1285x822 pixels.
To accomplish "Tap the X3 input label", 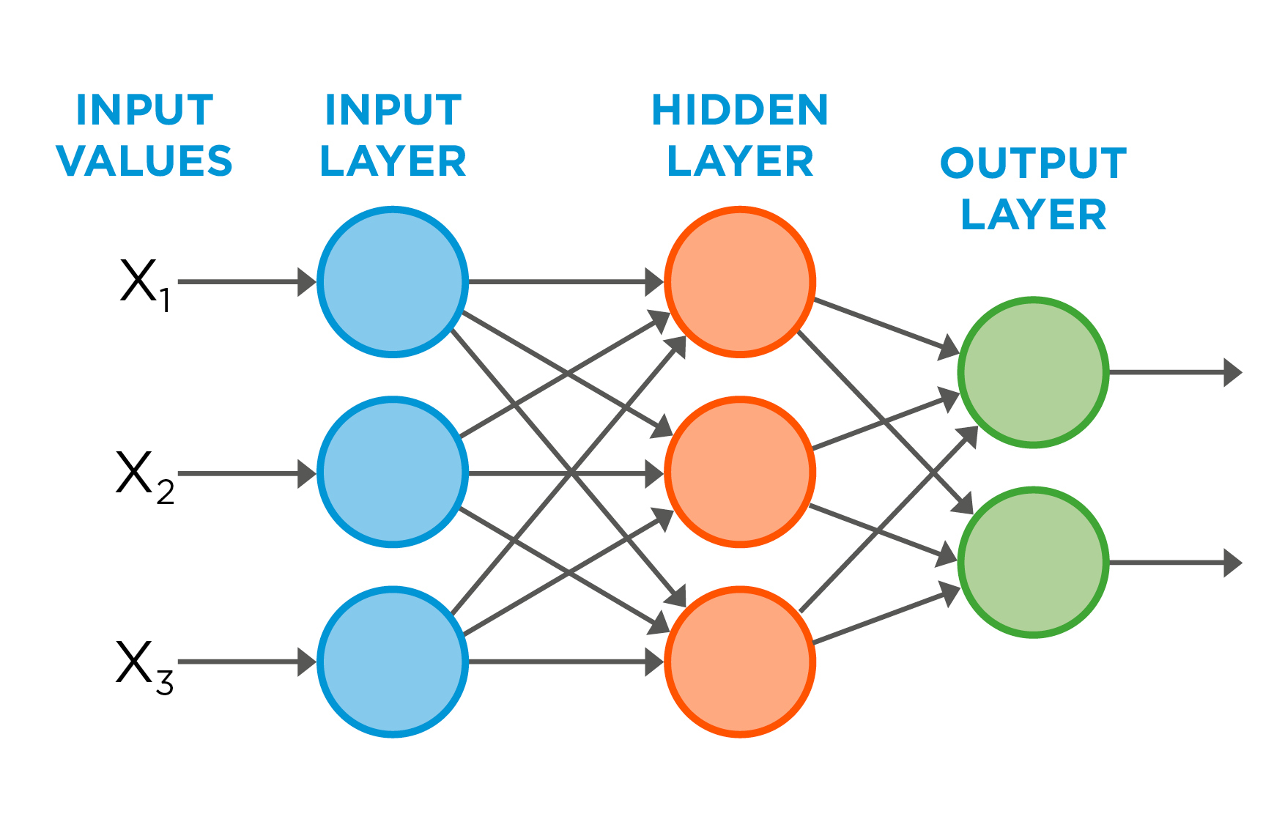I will tap(144, 664).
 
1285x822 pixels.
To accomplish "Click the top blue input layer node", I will tap(393, 282).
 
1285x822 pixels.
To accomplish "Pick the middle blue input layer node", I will tap(393, 473).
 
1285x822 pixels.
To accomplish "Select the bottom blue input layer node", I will tap(393, 662).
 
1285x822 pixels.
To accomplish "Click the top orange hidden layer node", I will tap(740, 282).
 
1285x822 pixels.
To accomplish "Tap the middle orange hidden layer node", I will tap(740, 473).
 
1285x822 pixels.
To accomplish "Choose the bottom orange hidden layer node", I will tap(740, 662).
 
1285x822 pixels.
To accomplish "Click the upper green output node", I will tap(1033, 372).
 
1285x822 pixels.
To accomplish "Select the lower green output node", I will tap(1033, 563).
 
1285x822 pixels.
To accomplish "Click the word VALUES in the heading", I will tap(144, 161).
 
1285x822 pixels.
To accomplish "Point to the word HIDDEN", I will tap(740, 110).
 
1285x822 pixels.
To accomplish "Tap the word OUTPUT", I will tap(1033, 163).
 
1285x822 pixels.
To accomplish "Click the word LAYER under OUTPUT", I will tap(1033, 215).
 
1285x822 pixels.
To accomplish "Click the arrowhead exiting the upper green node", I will tap(1233, 372).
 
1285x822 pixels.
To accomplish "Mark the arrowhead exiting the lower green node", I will tap(1233, 563).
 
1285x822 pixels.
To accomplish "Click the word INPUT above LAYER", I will tap(393, 110).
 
